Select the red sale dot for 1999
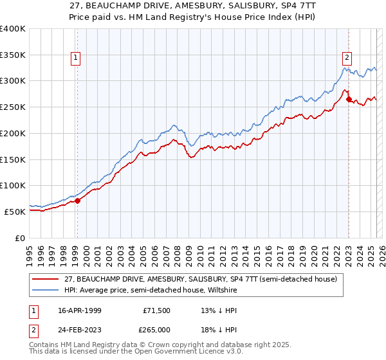(x=77, y=201)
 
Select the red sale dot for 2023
(x=349, y=99)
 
